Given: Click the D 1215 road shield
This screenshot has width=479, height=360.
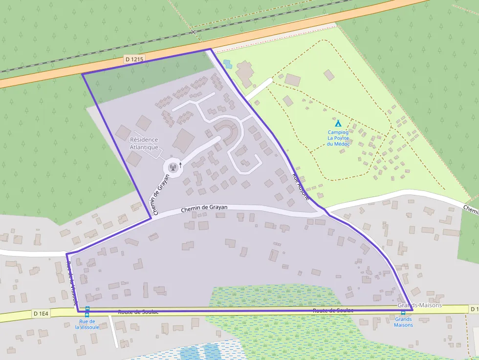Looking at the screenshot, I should (x=134, y=59).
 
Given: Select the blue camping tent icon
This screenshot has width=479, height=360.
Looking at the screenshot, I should (x=338, y=124).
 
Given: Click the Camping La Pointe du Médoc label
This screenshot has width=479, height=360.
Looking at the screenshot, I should (x=338, y=138).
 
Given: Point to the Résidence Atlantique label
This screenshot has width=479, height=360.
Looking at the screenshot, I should (x=144, y=143).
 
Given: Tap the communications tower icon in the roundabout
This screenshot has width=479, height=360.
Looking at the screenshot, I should (x=172, y=168).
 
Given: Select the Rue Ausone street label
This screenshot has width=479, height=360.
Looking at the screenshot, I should (x=301, y=186).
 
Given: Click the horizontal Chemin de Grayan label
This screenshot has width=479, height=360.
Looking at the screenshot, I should (x=204, y=209).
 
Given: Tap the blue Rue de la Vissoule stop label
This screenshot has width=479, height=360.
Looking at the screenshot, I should (x=87, y=324).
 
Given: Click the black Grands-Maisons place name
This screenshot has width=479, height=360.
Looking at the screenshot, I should (x=419, y=305).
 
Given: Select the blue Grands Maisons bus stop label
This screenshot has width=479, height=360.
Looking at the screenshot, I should (x=403, y=322).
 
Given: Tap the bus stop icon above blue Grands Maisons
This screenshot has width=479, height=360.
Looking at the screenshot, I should (x=403, y=313).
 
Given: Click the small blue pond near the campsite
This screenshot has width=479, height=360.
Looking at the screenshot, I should (x=227, y=64).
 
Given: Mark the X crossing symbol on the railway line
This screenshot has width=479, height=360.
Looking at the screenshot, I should (x=193, y=32).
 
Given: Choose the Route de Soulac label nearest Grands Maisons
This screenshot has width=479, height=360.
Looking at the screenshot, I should (x=333, y=311).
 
